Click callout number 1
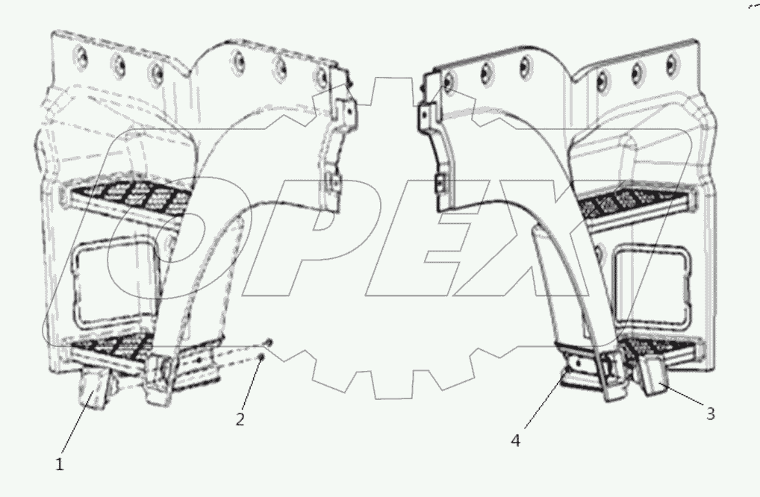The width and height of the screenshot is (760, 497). tap(60, 463)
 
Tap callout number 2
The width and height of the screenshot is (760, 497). tap(240, 419)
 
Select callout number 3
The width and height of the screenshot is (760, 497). tap(710, 413)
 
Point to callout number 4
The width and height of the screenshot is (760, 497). tap(516, 440)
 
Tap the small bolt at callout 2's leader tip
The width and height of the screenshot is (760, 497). tap(261, 359)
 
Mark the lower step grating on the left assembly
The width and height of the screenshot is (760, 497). tap(112, 345)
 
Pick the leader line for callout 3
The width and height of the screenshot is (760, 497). tap(683, 397)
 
